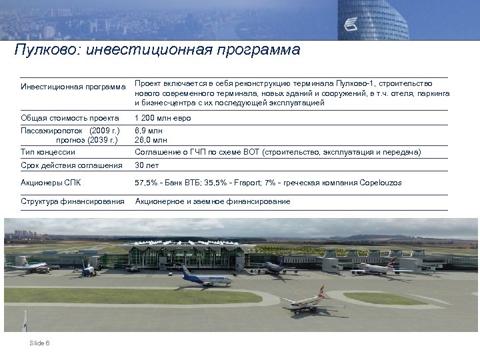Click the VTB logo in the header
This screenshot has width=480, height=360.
click(351, 25)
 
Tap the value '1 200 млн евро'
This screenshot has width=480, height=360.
click(163, 118)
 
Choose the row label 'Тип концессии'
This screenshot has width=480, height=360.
click(48, 152)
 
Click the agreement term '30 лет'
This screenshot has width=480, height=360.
click(147, 165)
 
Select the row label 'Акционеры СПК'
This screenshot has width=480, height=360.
click(52, 181)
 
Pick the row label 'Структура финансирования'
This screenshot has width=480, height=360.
click(73, 201)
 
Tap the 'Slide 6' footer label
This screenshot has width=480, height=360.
click(41, 343)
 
